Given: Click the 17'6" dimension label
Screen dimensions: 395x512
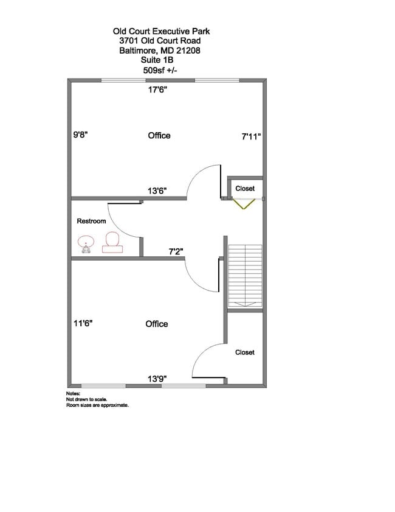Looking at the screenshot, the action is point(158,89).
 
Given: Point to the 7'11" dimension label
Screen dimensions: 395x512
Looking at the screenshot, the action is point(251,136).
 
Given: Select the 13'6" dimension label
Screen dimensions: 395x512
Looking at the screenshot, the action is point(157,191).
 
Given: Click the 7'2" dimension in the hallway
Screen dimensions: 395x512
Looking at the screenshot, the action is point(176,251).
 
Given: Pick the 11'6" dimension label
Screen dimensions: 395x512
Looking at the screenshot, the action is point(83,323).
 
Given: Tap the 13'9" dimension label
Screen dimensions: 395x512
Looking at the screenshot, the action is point(157,379).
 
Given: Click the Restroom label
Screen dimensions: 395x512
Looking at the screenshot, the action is point(91,221).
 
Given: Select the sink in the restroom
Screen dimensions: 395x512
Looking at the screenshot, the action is point(86,244).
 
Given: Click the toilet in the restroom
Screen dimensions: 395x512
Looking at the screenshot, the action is point(112,243).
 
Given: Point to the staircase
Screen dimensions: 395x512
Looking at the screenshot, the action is point(245,276).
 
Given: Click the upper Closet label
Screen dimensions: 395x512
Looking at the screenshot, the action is point(245,188).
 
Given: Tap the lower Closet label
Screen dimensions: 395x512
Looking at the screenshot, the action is point(245,352).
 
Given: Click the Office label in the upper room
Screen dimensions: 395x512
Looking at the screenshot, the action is point(159,136).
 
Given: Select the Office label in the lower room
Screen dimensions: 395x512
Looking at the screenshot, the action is point(157,324).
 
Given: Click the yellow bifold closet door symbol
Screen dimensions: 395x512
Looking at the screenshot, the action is point(244,204).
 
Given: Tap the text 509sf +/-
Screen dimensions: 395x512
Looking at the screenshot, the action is point(160,70).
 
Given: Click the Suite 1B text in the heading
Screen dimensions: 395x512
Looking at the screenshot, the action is point(157,60).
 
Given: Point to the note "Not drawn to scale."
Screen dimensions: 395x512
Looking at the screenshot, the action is point(87,399).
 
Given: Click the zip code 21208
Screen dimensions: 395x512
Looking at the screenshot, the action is point(188,51).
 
